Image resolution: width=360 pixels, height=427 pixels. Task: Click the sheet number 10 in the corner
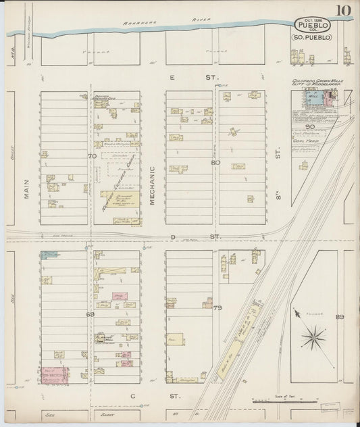(344, 11)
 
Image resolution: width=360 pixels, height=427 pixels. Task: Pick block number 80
(215, 163)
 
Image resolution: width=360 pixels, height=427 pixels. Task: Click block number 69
(90, 314)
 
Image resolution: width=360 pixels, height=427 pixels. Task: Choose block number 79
(217, 309)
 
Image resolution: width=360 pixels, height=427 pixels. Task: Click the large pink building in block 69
(55, 375)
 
